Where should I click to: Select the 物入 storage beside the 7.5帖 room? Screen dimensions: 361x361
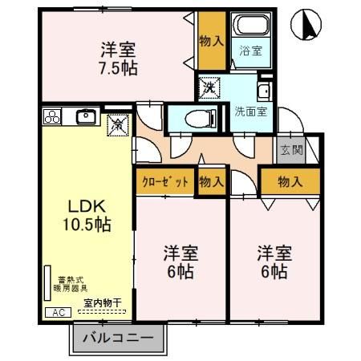211,41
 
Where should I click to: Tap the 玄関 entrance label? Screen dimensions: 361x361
290,150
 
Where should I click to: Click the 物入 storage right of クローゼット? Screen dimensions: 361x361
211,182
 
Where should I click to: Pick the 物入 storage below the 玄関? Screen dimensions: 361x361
290,182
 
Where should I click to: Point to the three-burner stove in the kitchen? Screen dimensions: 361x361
54,117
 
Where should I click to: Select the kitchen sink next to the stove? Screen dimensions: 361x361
87,117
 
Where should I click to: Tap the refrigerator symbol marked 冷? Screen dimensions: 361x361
116,124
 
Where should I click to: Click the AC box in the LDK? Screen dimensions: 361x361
57,311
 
